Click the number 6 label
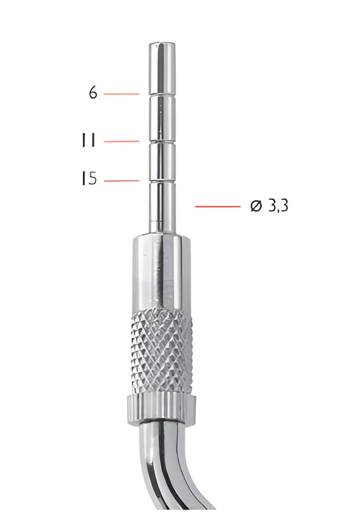(x=93, y=93)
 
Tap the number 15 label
(x=89, y=179)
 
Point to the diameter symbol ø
(x=255, y=206)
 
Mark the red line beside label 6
(x=121, y=94)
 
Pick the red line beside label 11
(x=121, y=141)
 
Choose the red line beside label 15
(x=121, y=181)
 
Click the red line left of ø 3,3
(x=217, y=206)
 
